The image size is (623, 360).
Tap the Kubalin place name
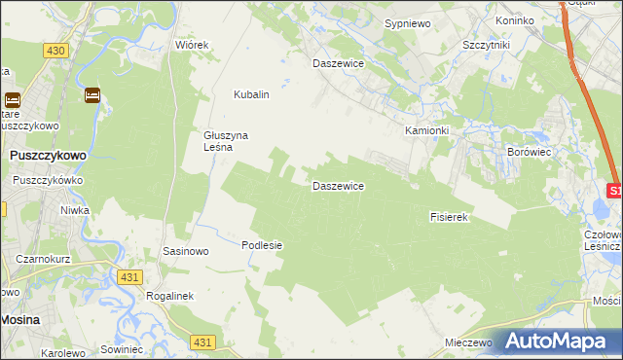[251, 95]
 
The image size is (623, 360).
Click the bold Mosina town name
[19, 319]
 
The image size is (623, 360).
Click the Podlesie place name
[262, 245]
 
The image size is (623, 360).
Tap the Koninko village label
[515, 20]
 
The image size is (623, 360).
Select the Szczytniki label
[488, 45]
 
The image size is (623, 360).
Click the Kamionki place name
[427, 130]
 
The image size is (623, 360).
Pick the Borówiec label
[531, 153]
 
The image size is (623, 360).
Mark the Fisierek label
[450, 218]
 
